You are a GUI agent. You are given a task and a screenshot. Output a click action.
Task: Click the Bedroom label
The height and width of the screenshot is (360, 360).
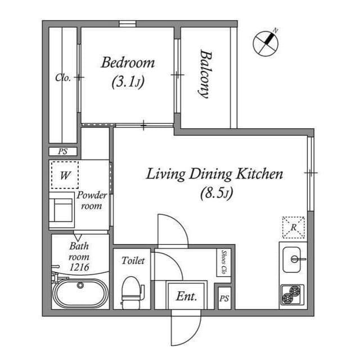tap(127, 62)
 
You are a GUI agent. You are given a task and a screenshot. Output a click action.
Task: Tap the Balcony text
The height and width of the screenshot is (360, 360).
tap(205, 74)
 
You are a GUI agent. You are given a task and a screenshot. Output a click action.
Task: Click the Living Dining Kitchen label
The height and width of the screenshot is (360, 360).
tap(214, 174)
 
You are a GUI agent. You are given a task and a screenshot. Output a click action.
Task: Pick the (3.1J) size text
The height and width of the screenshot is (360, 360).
tap(128, 82)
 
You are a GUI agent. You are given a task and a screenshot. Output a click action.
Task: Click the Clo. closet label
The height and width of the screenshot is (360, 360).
tap(63, 78)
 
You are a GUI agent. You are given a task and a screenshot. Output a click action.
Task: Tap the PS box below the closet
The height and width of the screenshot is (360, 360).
tap(63, 151)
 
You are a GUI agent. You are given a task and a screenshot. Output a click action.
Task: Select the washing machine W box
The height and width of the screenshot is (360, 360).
tap(65, 175)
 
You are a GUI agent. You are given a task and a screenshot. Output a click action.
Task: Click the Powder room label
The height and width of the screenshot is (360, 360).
tap(92, 201)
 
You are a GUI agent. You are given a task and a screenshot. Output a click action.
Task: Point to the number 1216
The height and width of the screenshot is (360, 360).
tap(79, 267)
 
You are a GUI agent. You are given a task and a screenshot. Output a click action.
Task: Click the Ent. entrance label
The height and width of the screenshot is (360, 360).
tap(186, 296)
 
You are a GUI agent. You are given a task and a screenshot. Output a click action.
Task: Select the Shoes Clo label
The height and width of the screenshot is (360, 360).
tap(223, 262)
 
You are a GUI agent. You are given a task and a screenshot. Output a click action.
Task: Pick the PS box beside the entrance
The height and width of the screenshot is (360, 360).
tap(224, 298)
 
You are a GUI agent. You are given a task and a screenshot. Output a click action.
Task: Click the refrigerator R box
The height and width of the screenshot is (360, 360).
tap(293, 227)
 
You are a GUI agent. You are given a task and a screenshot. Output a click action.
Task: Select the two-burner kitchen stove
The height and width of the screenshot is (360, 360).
tap(292, 294)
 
